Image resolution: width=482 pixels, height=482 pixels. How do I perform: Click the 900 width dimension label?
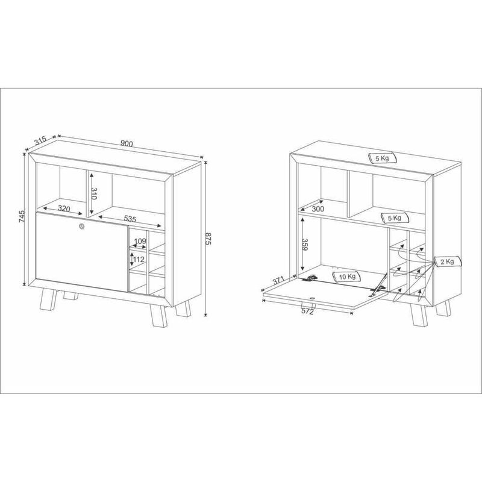127,143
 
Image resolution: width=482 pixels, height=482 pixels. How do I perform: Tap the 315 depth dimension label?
40,140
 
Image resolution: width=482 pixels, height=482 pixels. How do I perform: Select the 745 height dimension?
22,216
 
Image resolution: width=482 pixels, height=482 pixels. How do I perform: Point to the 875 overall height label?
208,239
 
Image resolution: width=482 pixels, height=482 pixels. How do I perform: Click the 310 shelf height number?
94,193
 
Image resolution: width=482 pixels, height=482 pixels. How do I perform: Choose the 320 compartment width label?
64,208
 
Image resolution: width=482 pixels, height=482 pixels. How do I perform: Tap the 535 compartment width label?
130,219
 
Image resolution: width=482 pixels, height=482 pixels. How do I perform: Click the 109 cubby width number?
140,241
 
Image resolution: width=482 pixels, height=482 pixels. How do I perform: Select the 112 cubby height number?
139,260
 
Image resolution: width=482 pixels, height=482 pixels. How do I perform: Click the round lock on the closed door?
81,227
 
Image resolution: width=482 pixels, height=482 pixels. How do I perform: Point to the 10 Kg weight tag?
347,277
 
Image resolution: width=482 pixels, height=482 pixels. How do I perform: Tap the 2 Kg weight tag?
448,261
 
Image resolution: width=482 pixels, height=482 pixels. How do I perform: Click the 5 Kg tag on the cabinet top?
383,158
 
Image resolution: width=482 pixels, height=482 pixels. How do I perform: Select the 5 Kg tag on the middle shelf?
395,218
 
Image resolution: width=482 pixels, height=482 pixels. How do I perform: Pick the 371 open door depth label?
278,281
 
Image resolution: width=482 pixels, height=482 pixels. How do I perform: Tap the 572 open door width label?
307,311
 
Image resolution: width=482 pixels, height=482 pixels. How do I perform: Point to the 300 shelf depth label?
318,208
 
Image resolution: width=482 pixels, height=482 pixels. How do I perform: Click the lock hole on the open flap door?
313,298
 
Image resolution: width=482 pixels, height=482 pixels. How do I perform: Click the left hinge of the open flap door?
309,278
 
